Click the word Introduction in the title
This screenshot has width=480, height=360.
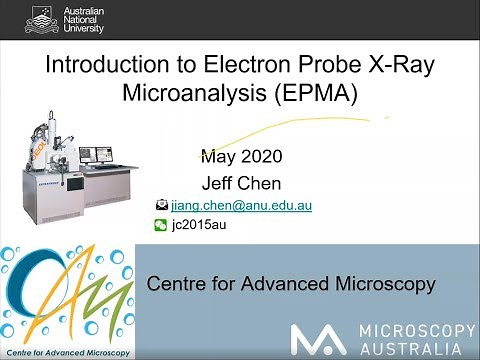click(x=98, y=68)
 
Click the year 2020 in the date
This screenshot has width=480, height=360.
click(x=261, y=157)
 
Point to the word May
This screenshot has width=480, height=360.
click(x=218, y=157)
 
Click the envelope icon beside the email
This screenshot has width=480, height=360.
click(x=162, y=205)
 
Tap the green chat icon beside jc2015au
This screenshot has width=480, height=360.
click(x=162, y=226)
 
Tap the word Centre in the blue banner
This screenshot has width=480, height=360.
click(x=175, y=285)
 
